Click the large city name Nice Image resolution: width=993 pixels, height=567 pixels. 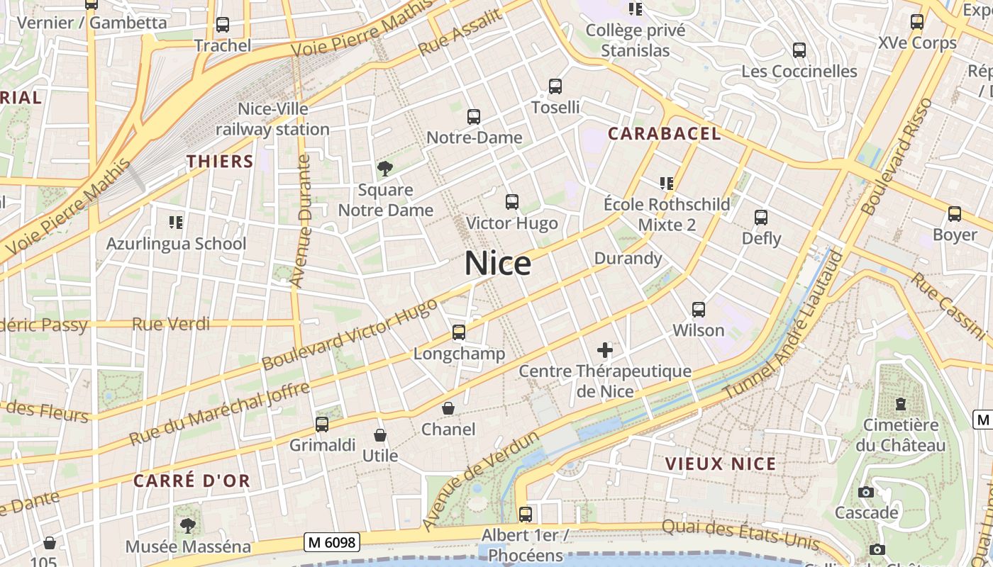click(x=498, y=264)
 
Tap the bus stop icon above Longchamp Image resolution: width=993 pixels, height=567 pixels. click(x=459, y=332)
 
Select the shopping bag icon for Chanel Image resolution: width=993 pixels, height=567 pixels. click(x=448, y=408)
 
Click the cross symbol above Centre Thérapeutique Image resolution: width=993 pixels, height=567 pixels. click(x=605, y=349)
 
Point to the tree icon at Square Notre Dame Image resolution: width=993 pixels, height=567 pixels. click(x=385, y=169)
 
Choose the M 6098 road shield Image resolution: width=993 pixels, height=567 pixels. click(x=333, y=543)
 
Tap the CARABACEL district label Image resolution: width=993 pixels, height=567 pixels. click(x=665, y=133)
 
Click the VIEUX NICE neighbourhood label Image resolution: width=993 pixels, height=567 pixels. click(x=721, y=464)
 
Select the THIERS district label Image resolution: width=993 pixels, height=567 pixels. click(x=220, y=162)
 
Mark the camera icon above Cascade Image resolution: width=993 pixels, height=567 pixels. click(x=866, y=492)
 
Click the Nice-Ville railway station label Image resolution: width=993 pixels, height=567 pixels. click(x=273, y=119)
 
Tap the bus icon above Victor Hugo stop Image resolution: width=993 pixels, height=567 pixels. click(x=512, y=202)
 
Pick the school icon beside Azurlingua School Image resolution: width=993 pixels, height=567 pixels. click(x=176, y=223)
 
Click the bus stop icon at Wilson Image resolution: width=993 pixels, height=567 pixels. click(x=699, y=310)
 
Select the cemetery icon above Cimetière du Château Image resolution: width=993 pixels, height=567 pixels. click(x=901, y=404)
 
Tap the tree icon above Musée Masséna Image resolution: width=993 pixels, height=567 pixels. click(x=188, y=525)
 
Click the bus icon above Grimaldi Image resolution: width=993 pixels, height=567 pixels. click(x=322, y=425)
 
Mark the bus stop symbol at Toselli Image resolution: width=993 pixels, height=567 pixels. click(x=555, y=86)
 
